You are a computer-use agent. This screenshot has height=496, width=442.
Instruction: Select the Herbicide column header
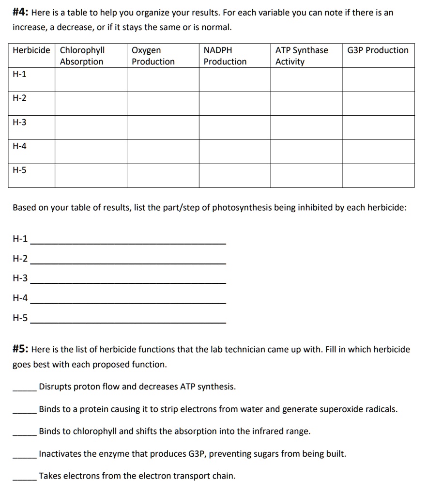31,50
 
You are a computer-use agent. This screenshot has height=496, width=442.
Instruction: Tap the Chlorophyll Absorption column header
82,56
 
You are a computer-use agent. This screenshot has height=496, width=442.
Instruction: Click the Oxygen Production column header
153,56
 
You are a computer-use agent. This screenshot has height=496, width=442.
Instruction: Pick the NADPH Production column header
225,56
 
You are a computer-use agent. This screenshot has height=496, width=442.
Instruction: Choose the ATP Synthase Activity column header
301,56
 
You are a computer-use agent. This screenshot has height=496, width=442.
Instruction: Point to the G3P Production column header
378,50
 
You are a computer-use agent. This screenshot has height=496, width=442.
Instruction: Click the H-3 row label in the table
20,123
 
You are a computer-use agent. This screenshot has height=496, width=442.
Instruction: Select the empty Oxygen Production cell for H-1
163,79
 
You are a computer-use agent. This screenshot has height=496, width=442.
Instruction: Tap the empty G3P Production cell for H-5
378,175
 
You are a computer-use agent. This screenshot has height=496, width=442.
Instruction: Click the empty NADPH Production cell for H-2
234,103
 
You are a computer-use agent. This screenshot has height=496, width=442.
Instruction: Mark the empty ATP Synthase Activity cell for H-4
306,152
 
